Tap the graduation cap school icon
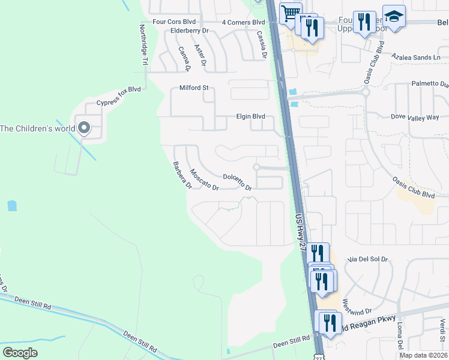394,17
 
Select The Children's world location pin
84,128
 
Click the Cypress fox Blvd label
118,96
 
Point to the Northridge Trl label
143,44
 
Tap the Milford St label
193,88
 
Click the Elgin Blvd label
250,117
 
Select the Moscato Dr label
204,180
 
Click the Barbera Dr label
182,175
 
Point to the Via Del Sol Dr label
368,259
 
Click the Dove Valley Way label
415,117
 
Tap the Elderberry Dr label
189,30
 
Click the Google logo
20,352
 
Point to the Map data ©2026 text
423,355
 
